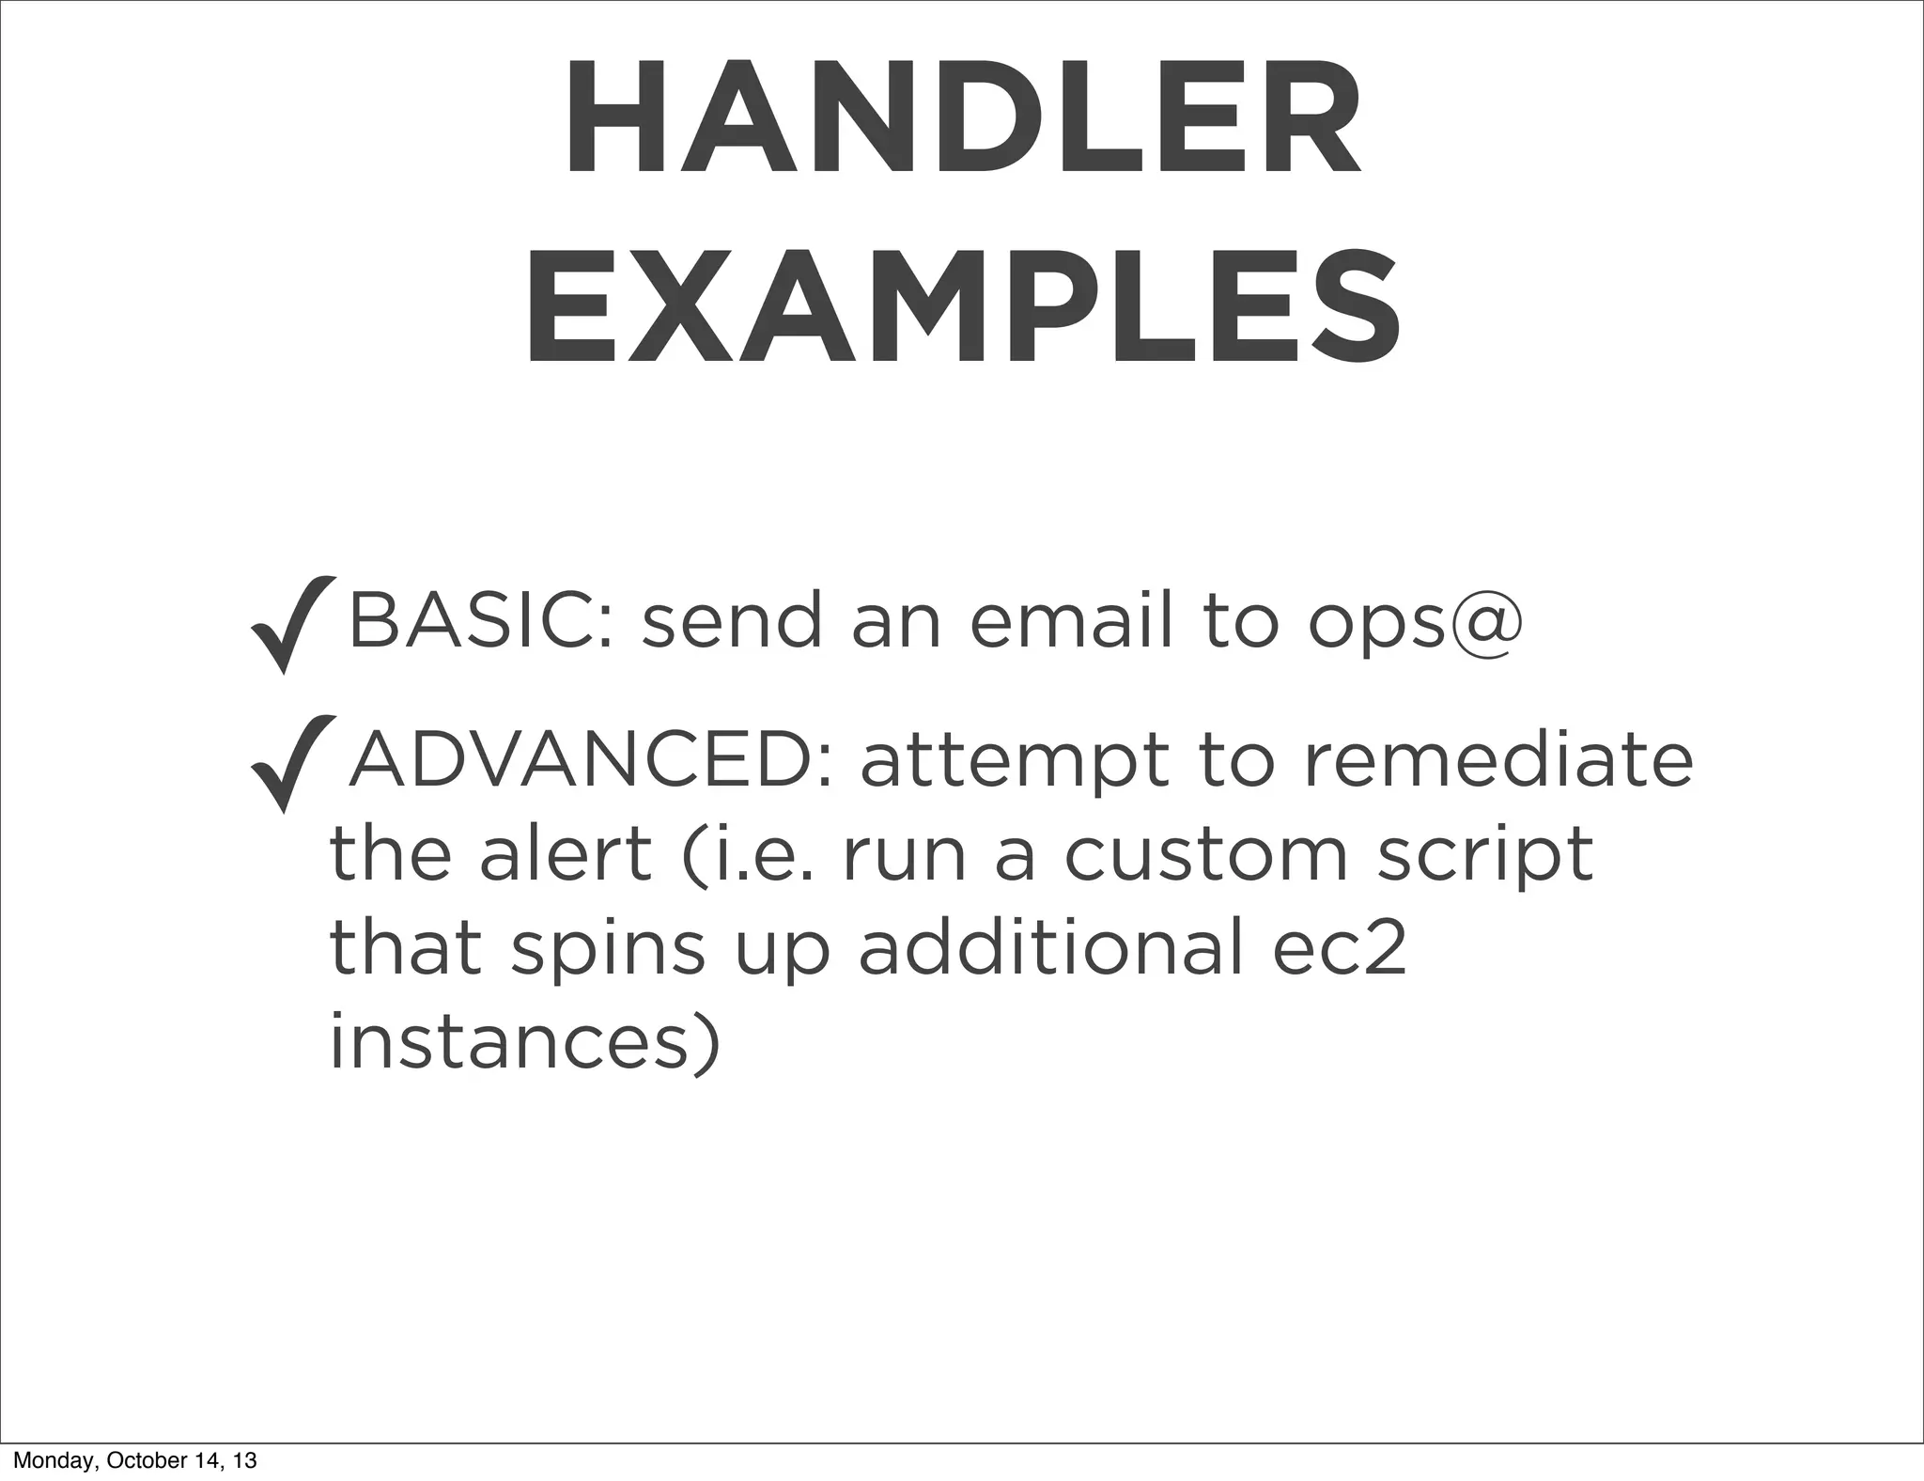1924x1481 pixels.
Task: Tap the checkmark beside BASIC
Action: [293, 624]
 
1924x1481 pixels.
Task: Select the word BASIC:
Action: [482, 620]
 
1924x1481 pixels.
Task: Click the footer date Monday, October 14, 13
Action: [134, 1460]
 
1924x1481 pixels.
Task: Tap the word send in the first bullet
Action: [732, 620]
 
